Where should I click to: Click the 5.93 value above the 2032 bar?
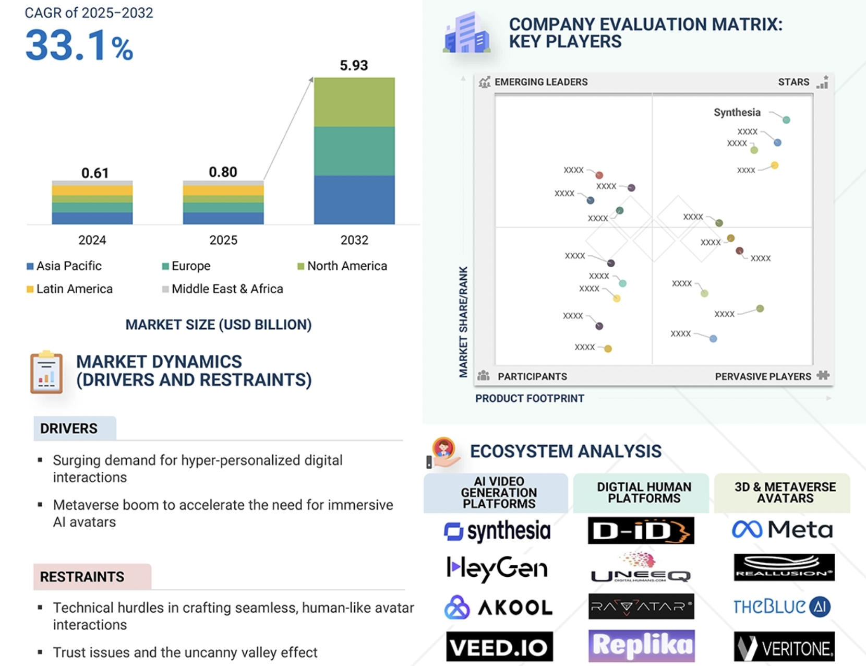point(354,66)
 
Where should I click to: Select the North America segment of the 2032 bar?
point(354,102)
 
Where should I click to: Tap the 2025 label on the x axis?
point(223,240)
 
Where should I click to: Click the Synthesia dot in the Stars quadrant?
point(786,120)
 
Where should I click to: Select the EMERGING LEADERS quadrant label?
point(540,82)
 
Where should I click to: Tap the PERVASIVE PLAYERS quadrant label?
point(763,376)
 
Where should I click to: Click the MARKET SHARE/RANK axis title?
point(463,322)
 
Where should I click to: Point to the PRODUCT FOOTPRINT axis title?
point(530,398)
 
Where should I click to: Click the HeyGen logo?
point(497,568)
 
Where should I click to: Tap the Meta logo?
point(783,530)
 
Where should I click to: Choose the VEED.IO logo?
point(499,647)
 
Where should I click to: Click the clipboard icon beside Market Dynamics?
point(46,372)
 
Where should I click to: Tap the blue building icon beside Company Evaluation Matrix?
point(466,33)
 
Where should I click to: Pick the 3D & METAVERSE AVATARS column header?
point(784,493)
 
